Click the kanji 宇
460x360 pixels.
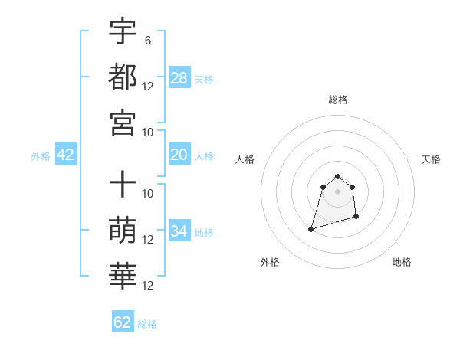123,31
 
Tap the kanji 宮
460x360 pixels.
123,122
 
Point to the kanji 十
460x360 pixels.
123,185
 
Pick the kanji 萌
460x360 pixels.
123,230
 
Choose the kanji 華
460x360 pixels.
123,275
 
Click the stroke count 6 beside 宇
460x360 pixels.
147,41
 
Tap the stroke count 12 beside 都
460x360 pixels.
149,87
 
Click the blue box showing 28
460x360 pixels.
179,77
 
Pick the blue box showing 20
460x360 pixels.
179,155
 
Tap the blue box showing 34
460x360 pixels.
179,231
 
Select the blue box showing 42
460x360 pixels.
66,155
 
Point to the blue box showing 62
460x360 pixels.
123,322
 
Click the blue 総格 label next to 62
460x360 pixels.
147,324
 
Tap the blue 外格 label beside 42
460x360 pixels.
41,156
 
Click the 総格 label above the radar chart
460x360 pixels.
338,100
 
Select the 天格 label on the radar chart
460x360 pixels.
432,159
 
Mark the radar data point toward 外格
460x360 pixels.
310,228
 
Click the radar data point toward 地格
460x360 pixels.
358,218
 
